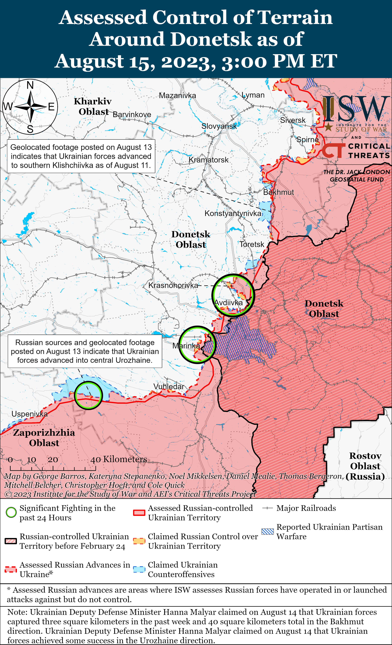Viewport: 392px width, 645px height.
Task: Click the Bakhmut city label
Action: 279,192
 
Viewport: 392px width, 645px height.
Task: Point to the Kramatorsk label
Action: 208,160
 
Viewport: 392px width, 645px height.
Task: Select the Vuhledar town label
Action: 169,386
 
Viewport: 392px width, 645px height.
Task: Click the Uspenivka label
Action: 30,414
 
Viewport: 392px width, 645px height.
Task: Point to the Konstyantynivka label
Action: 233,213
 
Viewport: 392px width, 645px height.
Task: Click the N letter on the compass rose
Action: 30,85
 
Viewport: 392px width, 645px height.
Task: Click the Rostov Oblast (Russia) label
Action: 365,466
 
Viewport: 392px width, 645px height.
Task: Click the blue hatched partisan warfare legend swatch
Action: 267,532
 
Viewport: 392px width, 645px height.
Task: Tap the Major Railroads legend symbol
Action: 267,508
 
